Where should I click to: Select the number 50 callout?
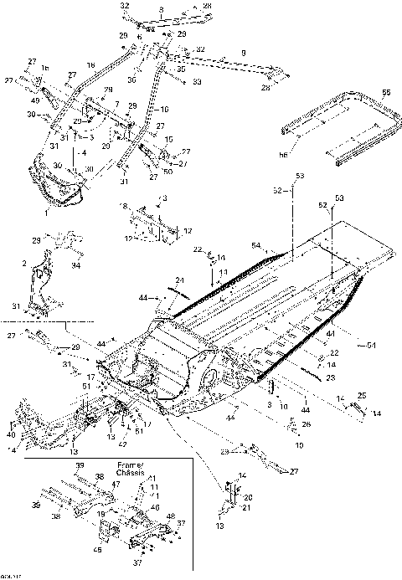(169, 171)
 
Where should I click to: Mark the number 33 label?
(197, 82)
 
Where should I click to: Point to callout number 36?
(154, 79)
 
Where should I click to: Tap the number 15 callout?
(168, 139)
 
